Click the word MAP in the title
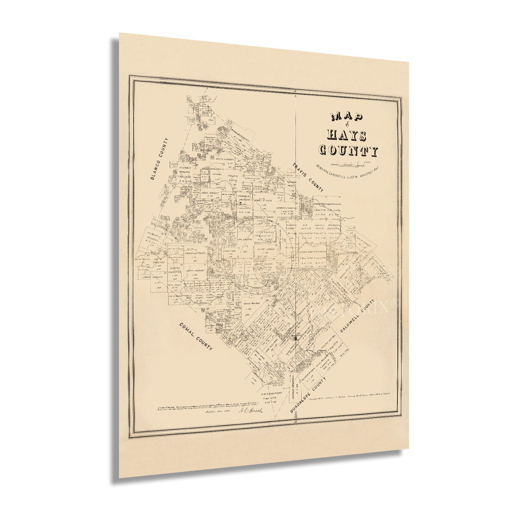pos(346,117)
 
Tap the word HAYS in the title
pos(346,135)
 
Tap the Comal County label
pos(196,337)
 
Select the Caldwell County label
pos(357,316)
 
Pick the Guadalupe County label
pos(308,395)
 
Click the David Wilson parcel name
pos(252,303)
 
